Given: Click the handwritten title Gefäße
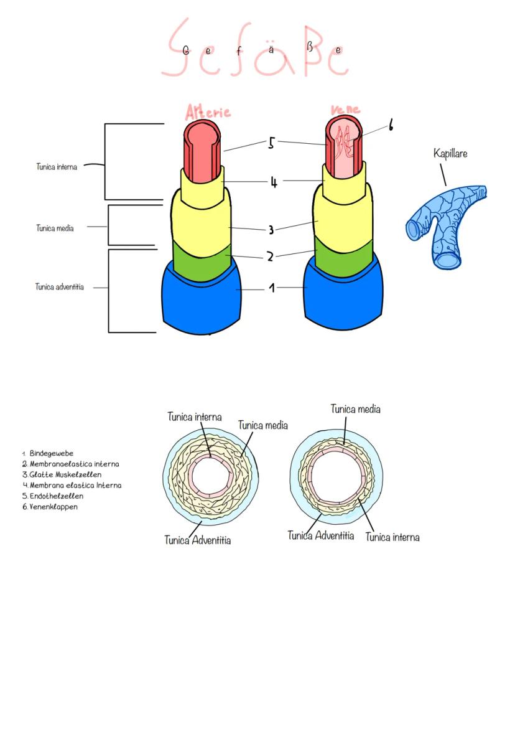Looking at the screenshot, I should (x=255, y=50).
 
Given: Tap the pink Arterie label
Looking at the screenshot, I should (x=208, y=112).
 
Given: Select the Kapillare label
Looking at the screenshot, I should (x=450, y=153).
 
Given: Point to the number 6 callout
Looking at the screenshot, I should (x=391, y=126).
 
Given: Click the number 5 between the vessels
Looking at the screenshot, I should (x=271, y=144).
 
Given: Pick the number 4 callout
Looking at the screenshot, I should (x=273, y=182).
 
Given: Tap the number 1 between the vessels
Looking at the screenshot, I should (x=271, y=289).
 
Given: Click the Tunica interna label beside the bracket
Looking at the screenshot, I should (x=57, y=167).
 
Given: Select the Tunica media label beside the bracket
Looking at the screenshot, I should (x=55, y=228).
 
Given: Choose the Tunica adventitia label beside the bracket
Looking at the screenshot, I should (x=60, y=287).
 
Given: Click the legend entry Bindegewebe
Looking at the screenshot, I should (x=51, y=453).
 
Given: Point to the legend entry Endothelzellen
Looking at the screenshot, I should (x=56, y=496).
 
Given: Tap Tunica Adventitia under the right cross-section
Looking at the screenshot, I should (x=321, y=535).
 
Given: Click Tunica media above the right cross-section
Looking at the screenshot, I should (x=355, y=409).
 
